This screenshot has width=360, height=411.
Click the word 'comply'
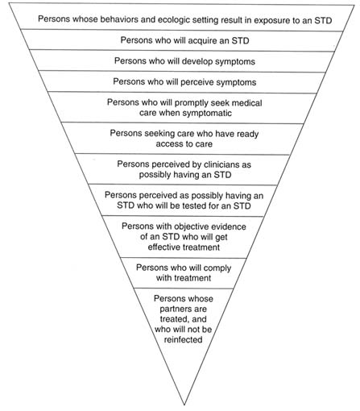coord(218,268)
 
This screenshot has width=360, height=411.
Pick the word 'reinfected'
coord(183,340)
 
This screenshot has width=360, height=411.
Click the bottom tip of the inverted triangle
coord(184,405)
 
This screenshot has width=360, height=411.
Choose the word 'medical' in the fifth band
coord(246,103)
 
